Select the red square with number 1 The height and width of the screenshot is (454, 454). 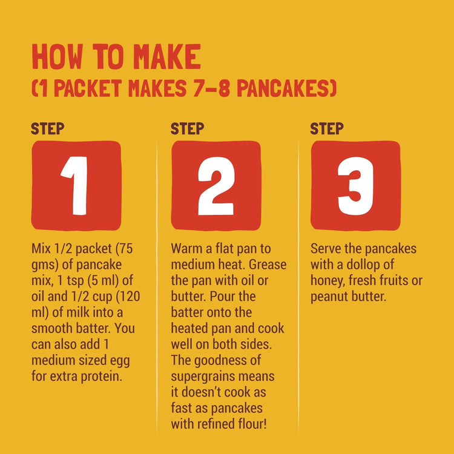coord(76,185)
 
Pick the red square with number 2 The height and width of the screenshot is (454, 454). coord(216,185)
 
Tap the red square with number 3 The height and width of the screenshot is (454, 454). coord(355,185)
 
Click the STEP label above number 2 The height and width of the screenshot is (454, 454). coord(187,128)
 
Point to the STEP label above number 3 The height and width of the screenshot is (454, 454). coord(327,128)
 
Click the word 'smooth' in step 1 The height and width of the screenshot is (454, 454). coord(53,329)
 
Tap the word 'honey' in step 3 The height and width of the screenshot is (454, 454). coord(327,281)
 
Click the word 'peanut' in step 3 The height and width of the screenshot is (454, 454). coord(329,297)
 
